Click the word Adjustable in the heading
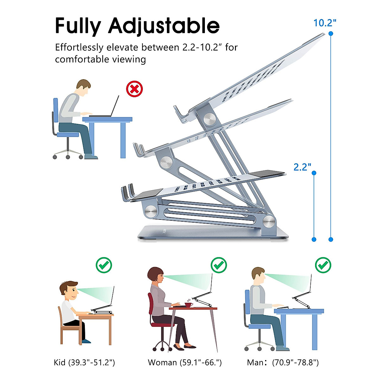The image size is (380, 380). click(x=164, y=26)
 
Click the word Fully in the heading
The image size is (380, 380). click(x=78, y=26)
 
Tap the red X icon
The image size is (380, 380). click(x=134, y=89)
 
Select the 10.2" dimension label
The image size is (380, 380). click(x=325, y=23)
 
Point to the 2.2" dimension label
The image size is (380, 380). click(x=302, y=167)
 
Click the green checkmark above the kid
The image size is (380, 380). click(x=104, y=265)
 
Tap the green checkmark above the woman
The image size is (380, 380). click(x=219, y=265)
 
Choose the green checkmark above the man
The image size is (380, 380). click(x=323, y=265)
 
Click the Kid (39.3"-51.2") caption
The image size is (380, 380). click(x=84, y=362)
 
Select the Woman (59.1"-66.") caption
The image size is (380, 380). click(x=185, y=362)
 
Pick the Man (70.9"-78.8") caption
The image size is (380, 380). click(x=283, y=362)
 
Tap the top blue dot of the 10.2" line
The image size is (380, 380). click(x=331, y=33)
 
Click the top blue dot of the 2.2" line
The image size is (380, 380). click(x=314, y=173)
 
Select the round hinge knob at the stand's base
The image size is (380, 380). click(x=269, y=221)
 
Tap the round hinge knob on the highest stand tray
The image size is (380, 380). click(x=209, y=119)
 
